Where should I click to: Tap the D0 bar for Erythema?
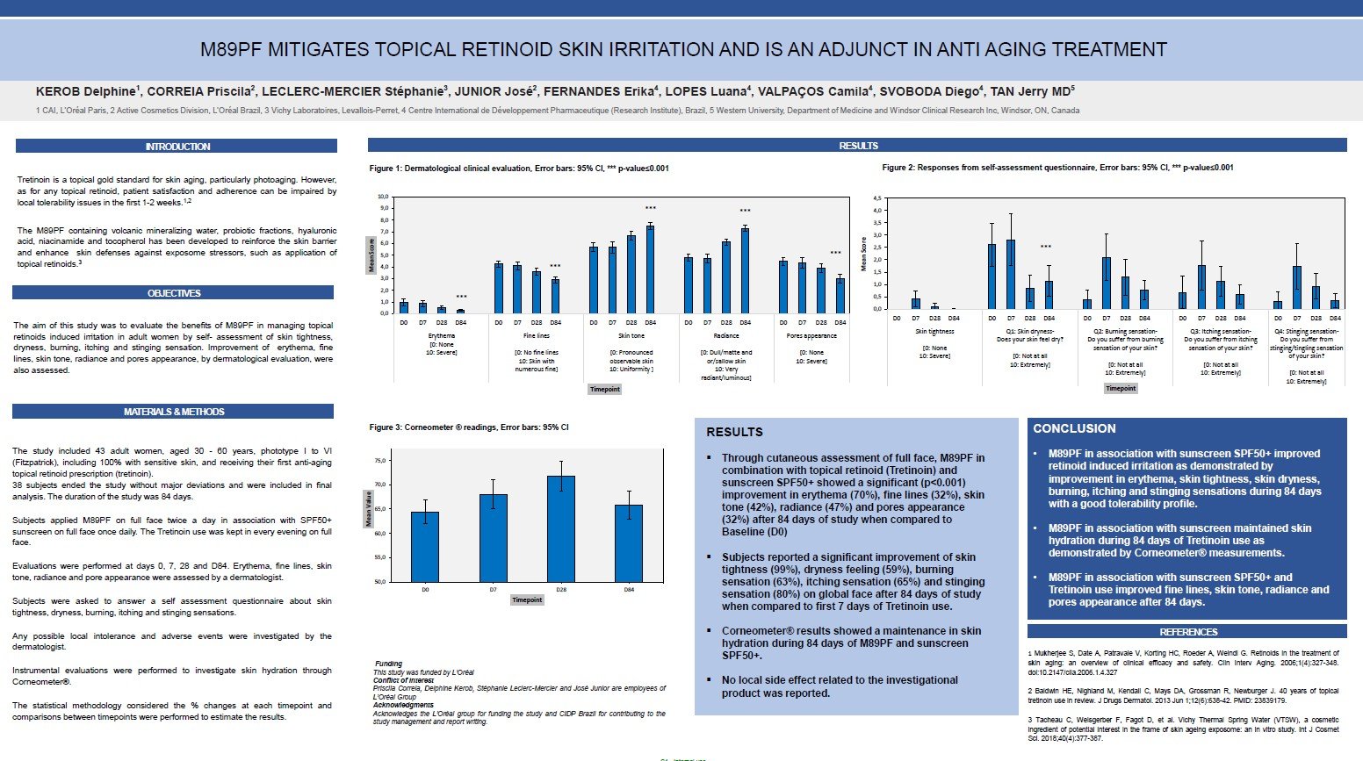(404, 307)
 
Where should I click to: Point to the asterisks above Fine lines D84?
(555, 267)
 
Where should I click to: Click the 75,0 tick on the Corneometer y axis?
(379, 461)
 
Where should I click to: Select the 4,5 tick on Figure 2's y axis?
(876, 199)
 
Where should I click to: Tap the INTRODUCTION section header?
(177, 147)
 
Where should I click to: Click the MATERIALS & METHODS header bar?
(173, 412)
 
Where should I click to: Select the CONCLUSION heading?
(1074, 428)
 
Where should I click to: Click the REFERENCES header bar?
(1187, 632)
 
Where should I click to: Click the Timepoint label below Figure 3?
(527, 600)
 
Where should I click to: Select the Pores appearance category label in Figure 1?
(811, 336)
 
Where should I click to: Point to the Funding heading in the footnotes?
(388, 664)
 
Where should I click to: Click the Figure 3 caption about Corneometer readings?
(468, 427)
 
